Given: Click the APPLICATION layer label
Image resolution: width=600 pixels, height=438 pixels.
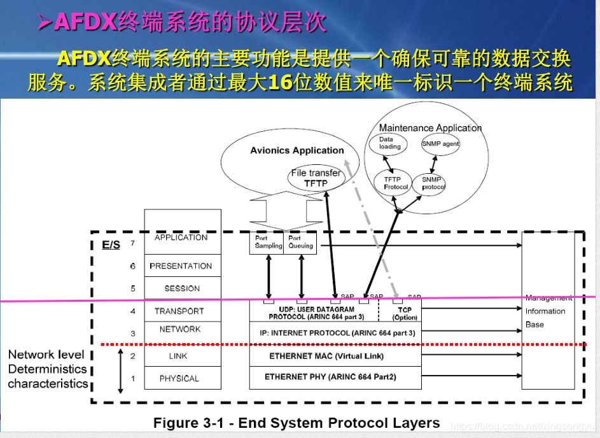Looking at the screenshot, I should pos(181,237).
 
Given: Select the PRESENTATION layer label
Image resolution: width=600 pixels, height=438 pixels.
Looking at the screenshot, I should pos(181,266).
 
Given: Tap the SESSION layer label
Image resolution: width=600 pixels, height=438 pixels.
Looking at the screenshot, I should pos(182,288).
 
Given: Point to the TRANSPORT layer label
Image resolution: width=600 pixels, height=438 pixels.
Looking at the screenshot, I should pos(179,311).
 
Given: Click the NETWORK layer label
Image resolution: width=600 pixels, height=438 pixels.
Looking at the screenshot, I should pos(180,329).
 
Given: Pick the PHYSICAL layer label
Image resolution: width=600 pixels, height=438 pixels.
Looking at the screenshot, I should pos(179,378).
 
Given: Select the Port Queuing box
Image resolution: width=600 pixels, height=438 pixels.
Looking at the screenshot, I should pos(300,243).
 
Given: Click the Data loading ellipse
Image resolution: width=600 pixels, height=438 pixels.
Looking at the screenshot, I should pos(390,143).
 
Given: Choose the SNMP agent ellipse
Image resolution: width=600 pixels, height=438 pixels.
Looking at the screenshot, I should pos(440,144).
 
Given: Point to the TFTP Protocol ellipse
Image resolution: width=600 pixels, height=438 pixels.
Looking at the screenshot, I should pos(396,183).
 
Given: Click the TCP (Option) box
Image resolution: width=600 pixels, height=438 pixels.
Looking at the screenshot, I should pos(405,313).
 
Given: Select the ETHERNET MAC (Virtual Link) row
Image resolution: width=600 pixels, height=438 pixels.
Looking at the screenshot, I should pos(335,356).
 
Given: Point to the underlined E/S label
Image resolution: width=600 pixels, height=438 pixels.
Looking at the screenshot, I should pos(111,244).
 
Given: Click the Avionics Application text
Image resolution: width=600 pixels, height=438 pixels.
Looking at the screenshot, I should pos(297,151).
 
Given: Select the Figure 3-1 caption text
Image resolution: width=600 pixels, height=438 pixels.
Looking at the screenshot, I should pos(297,423).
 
